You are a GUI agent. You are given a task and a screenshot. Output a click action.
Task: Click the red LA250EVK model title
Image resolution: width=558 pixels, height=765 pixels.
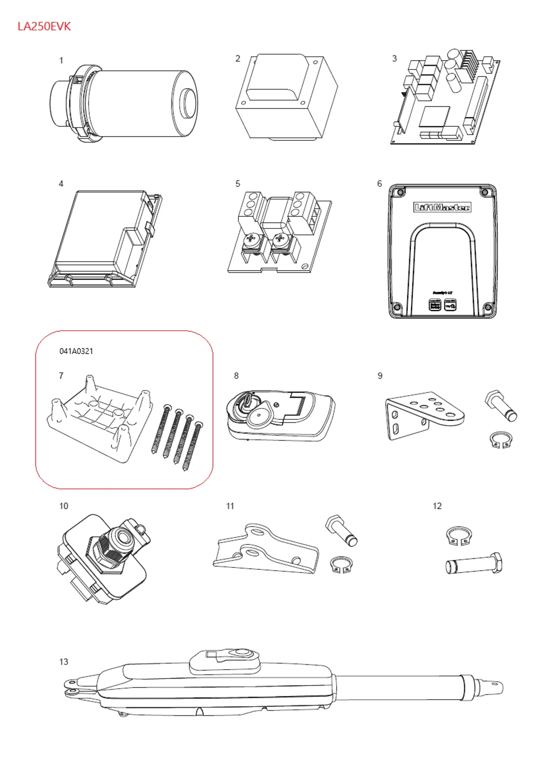coord(44,27)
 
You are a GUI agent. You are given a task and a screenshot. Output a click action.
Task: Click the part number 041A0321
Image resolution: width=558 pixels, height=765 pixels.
coord(76,351)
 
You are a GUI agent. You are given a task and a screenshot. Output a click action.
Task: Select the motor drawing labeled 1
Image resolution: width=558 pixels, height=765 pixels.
coord(124,104)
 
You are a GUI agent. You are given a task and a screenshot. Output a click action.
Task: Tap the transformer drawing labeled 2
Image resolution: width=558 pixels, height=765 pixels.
coord(287,98)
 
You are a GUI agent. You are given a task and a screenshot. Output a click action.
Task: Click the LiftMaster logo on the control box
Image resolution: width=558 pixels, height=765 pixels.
coord(442,207)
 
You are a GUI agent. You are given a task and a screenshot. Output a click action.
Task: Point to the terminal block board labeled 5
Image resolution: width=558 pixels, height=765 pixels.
coord(279,232)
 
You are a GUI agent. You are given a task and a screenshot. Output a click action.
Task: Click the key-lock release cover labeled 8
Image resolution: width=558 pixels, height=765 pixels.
coord(281,416)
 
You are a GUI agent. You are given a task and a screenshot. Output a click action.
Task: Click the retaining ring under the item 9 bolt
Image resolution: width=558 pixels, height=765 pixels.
coord(500,440)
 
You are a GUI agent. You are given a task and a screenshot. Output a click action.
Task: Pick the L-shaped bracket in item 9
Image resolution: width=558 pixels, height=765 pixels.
coord(423,414)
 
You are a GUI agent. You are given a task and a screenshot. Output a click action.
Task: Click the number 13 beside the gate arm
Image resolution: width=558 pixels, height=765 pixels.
coord(64,662)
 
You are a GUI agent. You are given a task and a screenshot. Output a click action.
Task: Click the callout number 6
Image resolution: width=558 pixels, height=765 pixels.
coord(379,183)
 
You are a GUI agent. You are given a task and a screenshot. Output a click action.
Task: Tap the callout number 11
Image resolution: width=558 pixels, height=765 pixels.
coord(230,506)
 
